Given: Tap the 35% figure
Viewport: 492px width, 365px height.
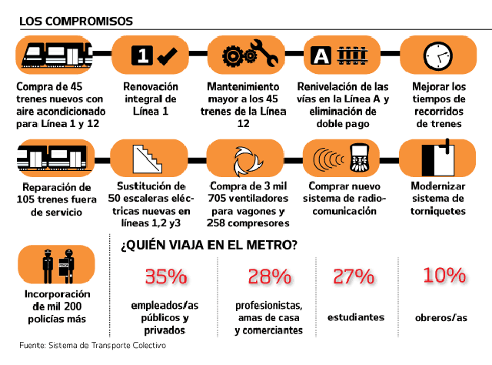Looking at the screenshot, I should (166, 276).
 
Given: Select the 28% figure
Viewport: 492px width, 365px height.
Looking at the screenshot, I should (269, 276).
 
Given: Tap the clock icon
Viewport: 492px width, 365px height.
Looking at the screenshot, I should (439, 55).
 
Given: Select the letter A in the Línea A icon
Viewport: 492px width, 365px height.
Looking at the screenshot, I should (321, 55).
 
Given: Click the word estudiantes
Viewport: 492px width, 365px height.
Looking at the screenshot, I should (356, 316).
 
